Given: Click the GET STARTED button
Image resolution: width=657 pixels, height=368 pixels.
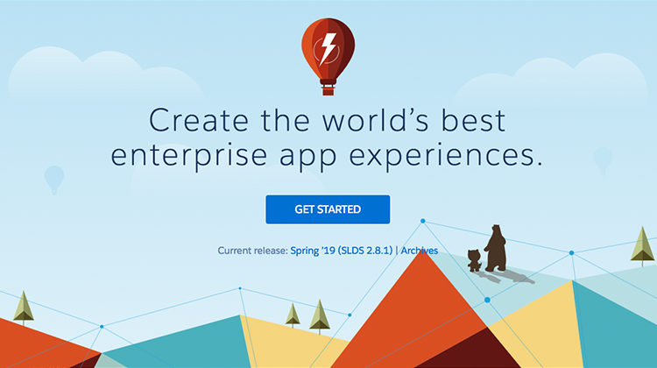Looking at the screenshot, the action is pos(328,209).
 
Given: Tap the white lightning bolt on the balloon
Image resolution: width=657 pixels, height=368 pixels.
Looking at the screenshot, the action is pos(328,49).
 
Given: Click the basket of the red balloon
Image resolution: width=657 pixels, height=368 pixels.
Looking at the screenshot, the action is pos(328,89).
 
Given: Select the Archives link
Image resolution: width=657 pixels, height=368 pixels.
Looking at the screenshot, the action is pos(420,251).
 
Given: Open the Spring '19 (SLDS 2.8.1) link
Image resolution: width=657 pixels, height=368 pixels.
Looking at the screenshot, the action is pos(342,251).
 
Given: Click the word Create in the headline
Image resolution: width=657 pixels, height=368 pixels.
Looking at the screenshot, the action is pos(199,121).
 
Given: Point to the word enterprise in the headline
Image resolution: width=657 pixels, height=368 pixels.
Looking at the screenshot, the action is pos(189,156).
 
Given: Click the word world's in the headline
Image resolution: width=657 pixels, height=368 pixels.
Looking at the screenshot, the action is pos(376,121).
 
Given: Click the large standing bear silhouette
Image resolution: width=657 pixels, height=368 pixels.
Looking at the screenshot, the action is pos(495,248).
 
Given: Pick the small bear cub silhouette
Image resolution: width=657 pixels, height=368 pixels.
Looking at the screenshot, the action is pos(474,260).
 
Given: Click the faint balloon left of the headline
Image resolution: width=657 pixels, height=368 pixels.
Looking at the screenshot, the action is pos(54,180).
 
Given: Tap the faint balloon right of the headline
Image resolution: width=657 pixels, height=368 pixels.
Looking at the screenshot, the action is pos(603,160).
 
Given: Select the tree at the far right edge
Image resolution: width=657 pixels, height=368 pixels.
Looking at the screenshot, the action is pos(642,247).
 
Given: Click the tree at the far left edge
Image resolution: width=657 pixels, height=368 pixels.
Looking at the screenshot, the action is pos(24,308).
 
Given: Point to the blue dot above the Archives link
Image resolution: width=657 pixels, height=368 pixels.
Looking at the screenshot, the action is pos(423,221).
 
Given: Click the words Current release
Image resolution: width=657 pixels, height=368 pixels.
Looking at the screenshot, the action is pos(252,251).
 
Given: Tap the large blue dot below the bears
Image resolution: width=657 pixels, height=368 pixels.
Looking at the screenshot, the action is pos(487,300).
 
